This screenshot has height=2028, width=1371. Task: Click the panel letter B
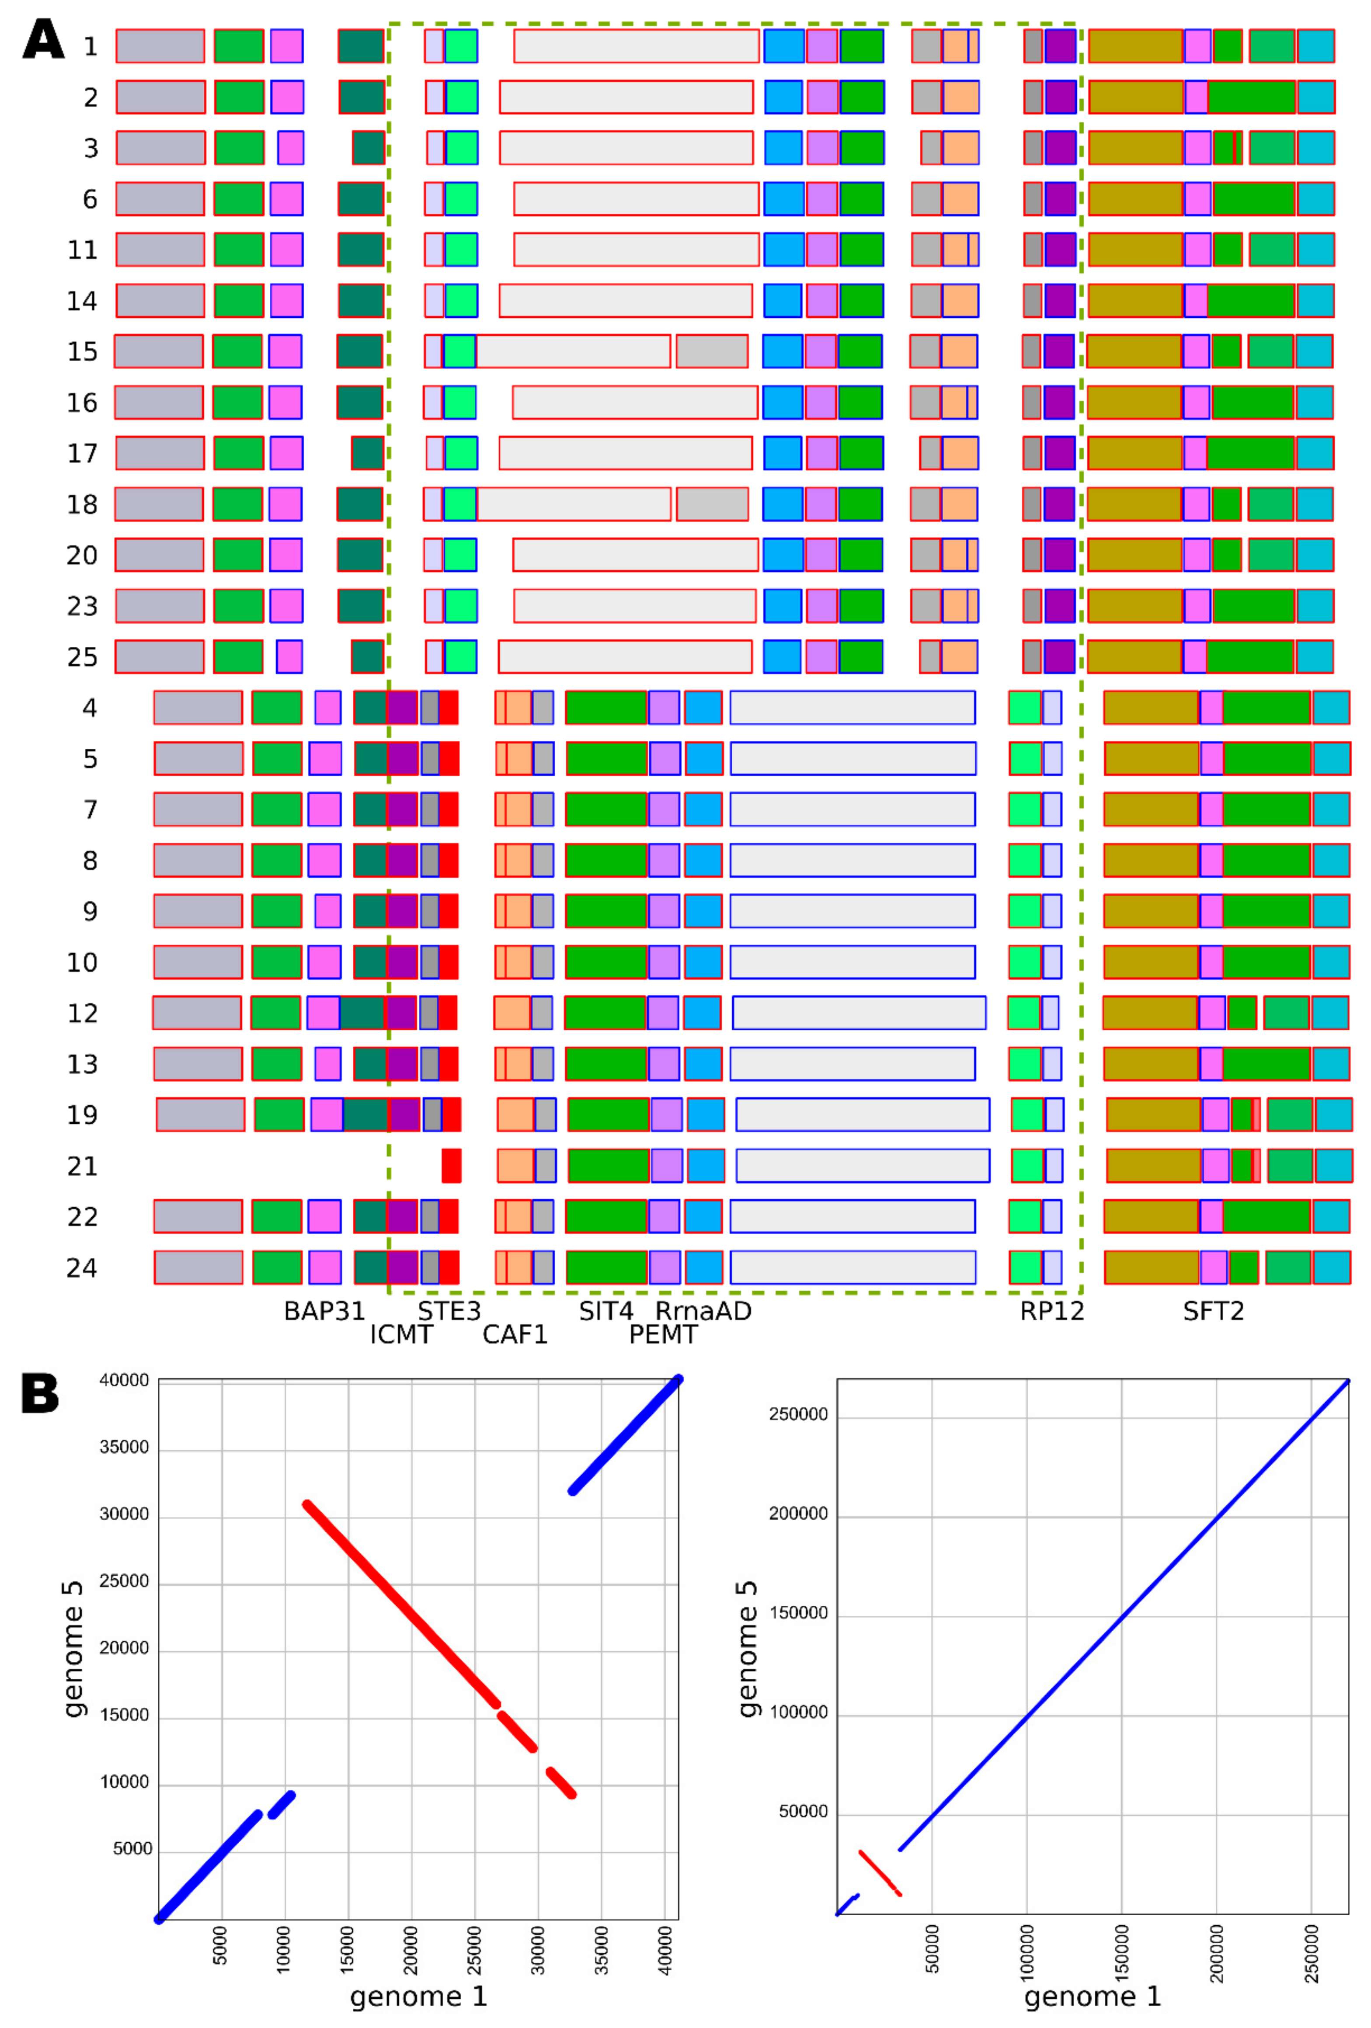click(x=40, y=1394)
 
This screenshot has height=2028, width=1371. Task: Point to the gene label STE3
click(x=449, y=1311)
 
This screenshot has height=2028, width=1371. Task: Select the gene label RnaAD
click(x=703, y=1311)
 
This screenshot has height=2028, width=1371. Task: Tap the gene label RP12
click(x=1051, y=1311)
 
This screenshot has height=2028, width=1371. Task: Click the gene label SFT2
click(x=1213, y=1311)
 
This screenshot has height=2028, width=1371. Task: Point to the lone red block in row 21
click(x=451, y=1166)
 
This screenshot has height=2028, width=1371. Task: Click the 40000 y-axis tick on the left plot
click(x=124, y=1381)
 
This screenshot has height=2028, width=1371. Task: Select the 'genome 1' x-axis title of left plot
click(x=418, y=1997)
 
